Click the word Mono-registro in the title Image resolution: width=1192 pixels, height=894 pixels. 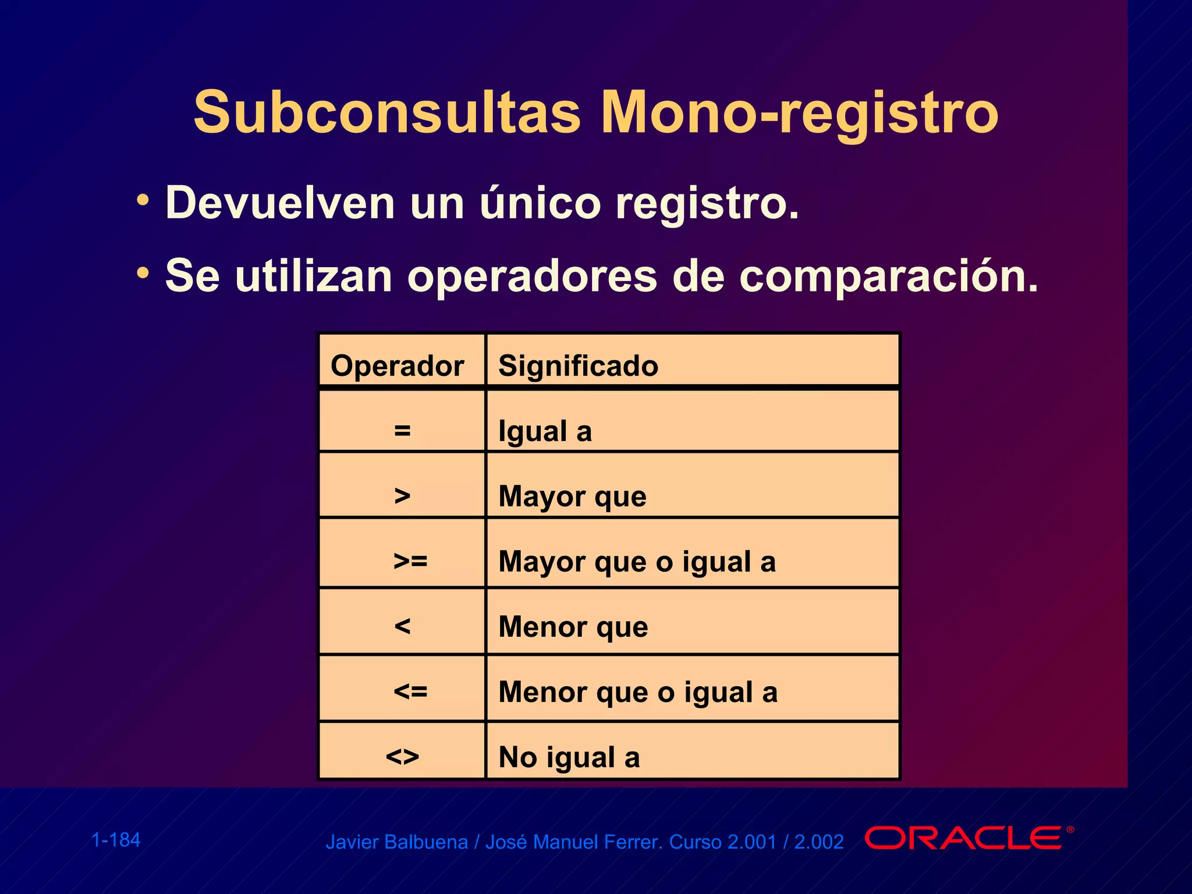(799, 113)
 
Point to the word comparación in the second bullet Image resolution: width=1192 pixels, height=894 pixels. (888, 276)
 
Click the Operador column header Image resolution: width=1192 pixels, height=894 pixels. (398, 366)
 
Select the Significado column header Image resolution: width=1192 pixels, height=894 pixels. (578, 366)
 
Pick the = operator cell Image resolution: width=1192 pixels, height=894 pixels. (402, 431)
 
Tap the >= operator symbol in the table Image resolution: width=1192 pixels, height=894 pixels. (410, 561)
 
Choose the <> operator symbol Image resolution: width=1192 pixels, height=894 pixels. (402, 757)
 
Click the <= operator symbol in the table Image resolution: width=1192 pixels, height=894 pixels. (410, 691)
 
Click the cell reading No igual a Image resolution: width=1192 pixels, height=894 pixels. (569, 757)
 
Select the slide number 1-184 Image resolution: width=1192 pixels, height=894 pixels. (116, 840)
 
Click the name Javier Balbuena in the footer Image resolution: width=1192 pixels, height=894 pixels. (396, 842)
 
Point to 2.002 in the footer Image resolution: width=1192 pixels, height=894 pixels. (819, 842)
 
